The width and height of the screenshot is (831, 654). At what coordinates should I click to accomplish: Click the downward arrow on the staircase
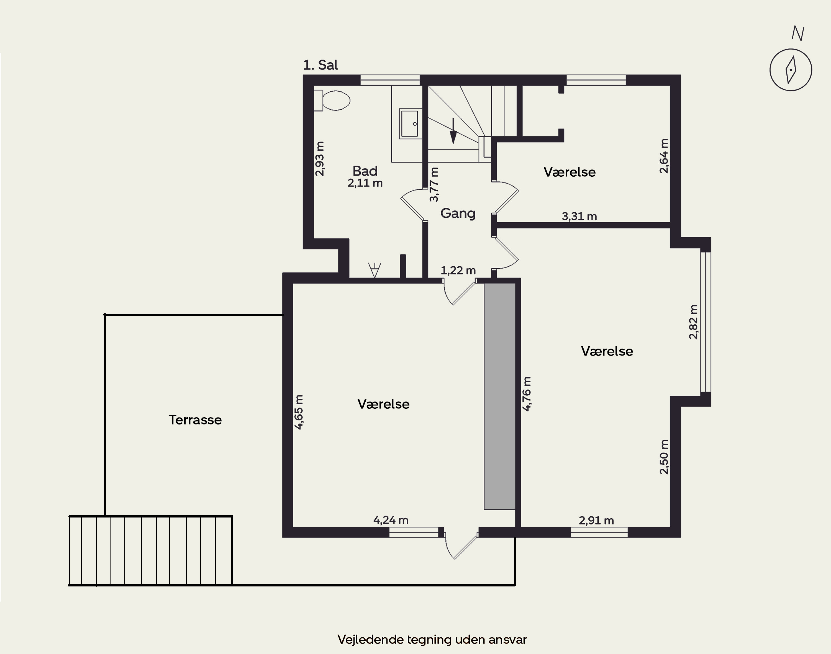tap(453, 131)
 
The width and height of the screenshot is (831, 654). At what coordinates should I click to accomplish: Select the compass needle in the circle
tap(791, 70)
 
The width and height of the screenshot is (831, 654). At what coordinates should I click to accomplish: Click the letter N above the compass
tap(798, 34)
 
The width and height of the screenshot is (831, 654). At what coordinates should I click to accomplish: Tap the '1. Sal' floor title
tap(320, 65)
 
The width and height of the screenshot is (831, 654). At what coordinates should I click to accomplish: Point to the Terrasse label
tap(195, 420)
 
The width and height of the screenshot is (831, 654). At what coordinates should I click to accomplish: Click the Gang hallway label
tap(458, 213)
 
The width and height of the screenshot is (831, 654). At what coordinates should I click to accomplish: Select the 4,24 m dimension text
tap(391, 520)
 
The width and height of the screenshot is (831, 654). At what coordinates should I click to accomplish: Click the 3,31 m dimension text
tap(579, 216)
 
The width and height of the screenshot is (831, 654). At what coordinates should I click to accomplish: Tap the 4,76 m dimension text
tap(527, 394)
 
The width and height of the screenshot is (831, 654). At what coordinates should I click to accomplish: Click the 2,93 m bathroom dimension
tap(320, 159)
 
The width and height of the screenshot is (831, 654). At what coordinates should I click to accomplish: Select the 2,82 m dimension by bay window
tap(693, 322)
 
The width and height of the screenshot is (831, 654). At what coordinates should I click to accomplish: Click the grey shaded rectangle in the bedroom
tap(500, 396)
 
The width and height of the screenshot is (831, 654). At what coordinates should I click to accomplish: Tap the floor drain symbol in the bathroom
tap(374, 270)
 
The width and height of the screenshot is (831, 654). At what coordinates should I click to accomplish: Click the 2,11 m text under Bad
tap(365, 183)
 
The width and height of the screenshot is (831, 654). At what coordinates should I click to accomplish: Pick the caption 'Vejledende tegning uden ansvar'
tap(432, 639)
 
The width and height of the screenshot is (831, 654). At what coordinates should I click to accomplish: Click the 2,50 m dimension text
tap(664, 457)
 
